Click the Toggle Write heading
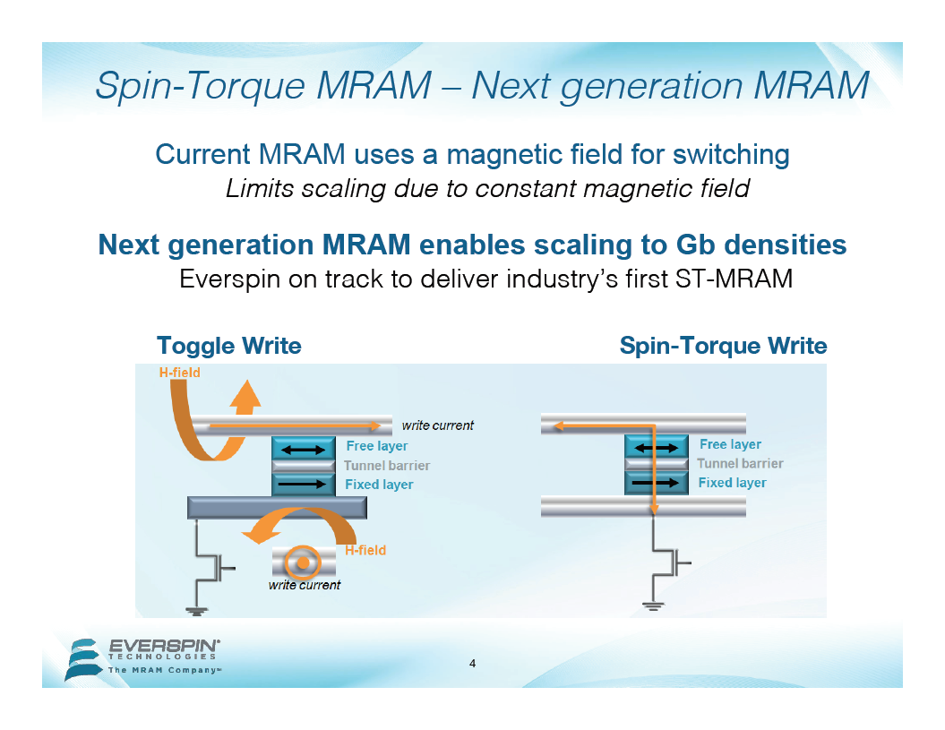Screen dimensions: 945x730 (229, 346)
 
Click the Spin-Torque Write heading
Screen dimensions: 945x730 (723, 346)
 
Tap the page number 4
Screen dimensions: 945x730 (473, 664)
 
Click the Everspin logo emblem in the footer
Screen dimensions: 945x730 (84, 659)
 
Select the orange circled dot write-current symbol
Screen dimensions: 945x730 (303, 563)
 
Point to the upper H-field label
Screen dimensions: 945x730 (180, 373)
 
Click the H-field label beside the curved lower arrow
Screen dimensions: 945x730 (365, 550)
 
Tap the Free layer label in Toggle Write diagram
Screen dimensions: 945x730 (377, 446)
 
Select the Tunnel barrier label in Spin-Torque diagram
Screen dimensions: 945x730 (740, 464)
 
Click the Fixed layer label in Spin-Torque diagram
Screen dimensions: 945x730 (732, 483)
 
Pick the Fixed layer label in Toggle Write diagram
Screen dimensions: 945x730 (379, 485)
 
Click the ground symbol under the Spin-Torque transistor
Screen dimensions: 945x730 (653, 605)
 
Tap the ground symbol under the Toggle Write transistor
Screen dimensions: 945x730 (196, 611)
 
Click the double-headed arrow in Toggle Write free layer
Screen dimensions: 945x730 (303, 449)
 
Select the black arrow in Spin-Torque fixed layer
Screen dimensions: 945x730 (655, 483)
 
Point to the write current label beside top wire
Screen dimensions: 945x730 (437, 425)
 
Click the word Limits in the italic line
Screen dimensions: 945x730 (260, 189)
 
